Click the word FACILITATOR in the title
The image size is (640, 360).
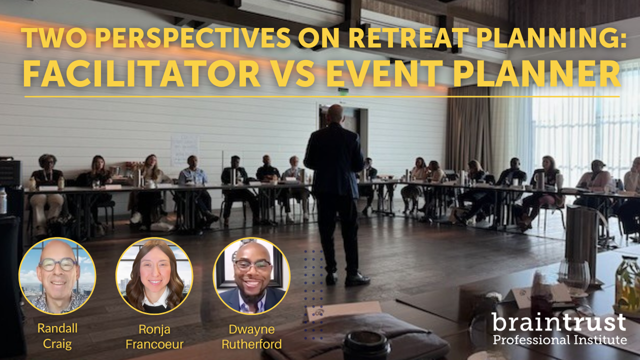pos(141,73)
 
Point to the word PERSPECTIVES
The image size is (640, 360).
pos(193,37)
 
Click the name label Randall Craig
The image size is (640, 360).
pos(57,336)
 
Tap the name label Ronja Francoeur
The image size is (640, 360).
pos(154,336)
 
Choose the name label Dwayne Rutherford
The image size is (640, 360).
pos(251,336)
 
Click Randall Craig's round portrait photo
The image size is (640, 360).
pos(57,276)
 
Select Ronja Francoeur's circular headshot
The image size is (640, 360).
pos(154,276)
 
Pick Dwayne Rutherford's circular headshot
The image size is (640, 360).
pos(251,276)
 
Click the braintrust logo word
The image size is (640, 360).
pos(559,322)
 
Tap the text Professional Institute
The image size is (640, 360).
pos(560,340)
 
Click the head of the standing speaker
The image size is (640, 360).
pos(335,113)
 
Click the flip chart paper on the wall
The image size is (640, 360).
pos(185,150)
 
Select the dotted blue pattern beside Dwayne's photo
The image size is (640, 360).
pos(313,295)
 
